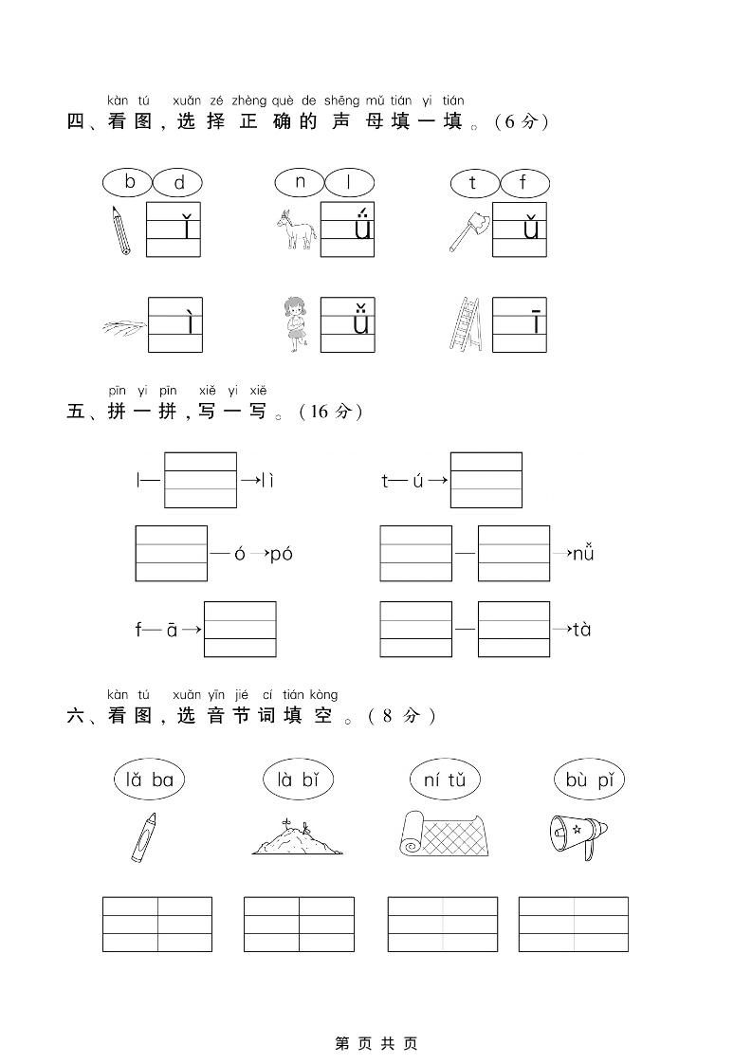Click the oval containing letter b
click(130, 181)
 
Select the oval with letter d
click(178, 183)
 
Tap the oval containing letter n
click(301, 182)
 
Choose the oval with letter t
click(473, 182)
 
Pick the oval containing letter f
click(523, 182)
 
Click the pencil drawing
click(119, 229)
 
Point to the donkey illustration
click(295, 230)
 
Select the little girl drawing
click(296, 324)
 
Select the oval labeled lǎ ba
click(149, 780)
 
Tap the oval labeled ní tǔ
click(445, 780)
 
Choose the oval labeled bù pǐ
click(589, 780)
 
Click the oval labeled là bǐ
click(297, 780)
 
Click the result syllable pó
click(282, 554)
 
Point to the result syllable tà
click(581, 629)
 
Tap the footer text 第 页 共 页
click(376, 1043)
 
